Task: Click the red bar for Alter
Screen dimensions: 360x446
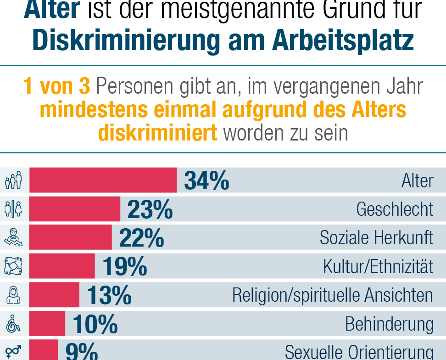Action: [x=103, y=180]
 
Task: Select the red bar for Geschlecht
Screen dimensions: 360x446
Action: [x=74, y=209]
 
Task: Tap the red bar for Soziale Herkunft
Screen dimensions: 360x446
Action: [x=70, y=238]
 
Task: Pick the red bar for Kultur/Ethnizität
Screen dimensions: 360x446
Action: [x=62, y=266]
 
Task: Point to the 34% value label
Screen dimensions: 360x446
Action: [x=206, y=180]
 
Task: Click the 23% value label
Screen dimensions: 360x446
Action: [x=150, y=209]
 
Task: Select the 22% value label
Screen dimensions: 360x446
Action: [x=141, y=238]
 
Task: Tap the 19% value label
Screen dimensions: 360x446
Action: [x=125, y=267]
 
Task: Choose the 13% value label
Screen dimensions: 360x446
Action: [x=109, y=295]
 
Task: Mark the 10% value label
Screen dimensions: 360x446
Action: [x=95, y=324]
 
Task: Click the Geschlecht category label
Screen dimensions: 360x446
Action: [x=395, y=209]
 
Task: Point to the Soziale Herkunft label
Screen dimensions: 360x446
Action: [x=376, y=238]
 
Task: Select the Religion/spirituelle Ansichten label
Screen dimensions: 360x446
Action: [x=332, y=295]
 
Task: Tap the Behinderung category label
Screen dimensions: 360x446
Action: [x=389, y=324]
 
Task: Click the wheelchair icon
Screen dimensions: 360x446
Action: [x=13, y=324]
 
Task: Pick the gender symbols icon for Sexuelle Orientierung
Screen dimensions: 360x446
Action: [x=13, y=351]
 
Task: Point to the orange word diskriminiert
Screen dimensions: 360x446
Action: [x=157, y=133]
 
